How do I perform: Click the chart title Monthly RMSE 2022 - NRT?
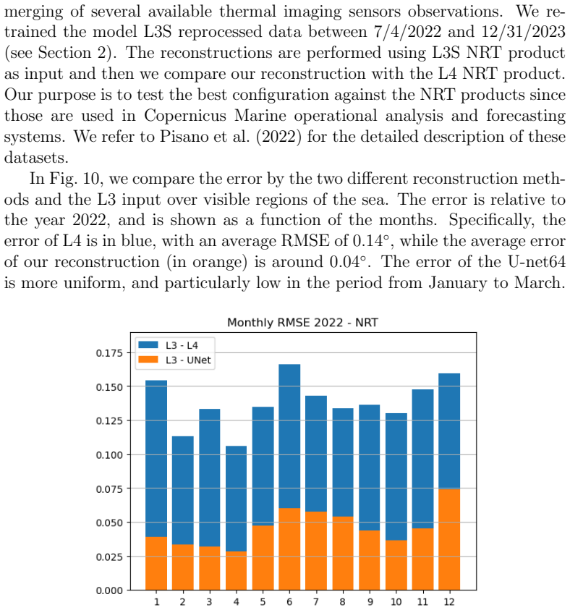pyautogui.click(x=302, y=323)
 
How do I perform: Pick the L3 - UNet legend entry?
pyautogui.click(x=174, y=360)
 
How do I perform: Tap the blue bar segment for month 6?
pyautogui.click(x=289, y=436)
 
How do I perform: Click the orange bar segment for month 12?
pyautogui.click(x=449, y=540)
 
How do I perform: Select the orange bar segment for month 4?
pyautogui.click(x=236, y=571)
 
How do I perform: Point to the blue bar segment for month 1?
pyautogui.click(x=156, y=459)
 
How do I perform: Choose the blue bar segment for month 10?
pyautogui.click(x=396, y=477)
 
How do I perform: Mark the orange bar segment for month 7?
pyautogui.click(x=316, y=551)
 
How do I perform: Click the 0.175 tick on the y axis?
pyautogui.click(x=109, y=353)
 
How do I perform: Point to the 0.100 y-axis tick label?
pyautogui.click(x=109, y=454)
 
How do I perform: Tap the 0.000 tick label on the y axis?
pyautogui.click(x=109, y=590)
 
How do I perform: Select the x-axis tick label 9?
pyautogui.click(x=370, y=602)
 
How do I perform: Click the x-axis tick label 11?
pyautogui.click(x=422, y=602)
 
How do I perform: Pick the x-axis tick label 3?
pyautogui.click(x=209, y=602)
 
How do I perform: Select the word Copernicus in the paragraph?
pyautogui.click(x=185, y=116)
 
